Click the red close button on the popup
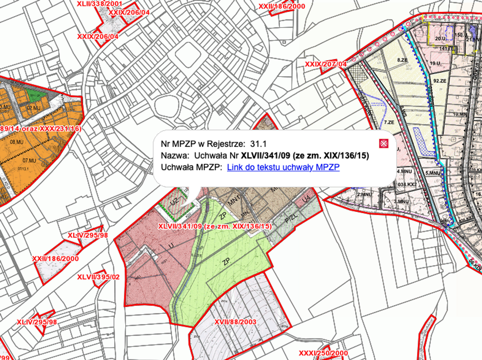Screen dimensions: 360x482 pyautogui.click(x=384, y=143)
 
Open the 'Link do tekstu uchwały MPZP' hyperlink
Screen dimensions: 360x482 pyautogui.click(x=283, y=168)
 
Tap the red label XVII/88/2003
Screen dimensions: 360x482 pyautogui.click(x=235, y=322)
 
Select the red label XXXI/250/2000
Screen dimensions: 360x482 pyautogui.click(x=323, y=353)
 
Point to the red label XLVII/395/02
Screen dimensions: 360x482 pyautogui.click(x=99, y=277)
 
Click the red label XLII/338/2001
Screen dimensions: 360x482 pyautogui.click(x=99, y=3)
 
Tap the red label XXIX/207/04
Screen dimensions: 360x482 pyautogui.click(x=326, y=64)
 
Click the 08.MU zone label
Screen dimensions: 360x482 pyautogui.click(x=16, y=142)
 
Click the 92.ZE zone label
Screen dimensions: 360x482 pyautogui.click(x=440, y=80)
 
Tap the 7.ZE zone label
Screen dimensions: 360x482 pyautogui.click(x=389, y=122)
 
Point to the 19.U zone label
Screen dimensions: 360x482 pyautogui.click(x=435, y=63)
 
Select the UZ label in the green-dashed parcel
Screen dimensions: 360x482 pyautogui.click(x=173, y=202)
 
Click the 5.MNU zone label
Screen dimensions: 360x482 pyautogui.click(x=433, y=173)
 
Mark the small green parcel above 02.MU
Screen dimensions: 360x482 pyautogui.click(x=31, y=93)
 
